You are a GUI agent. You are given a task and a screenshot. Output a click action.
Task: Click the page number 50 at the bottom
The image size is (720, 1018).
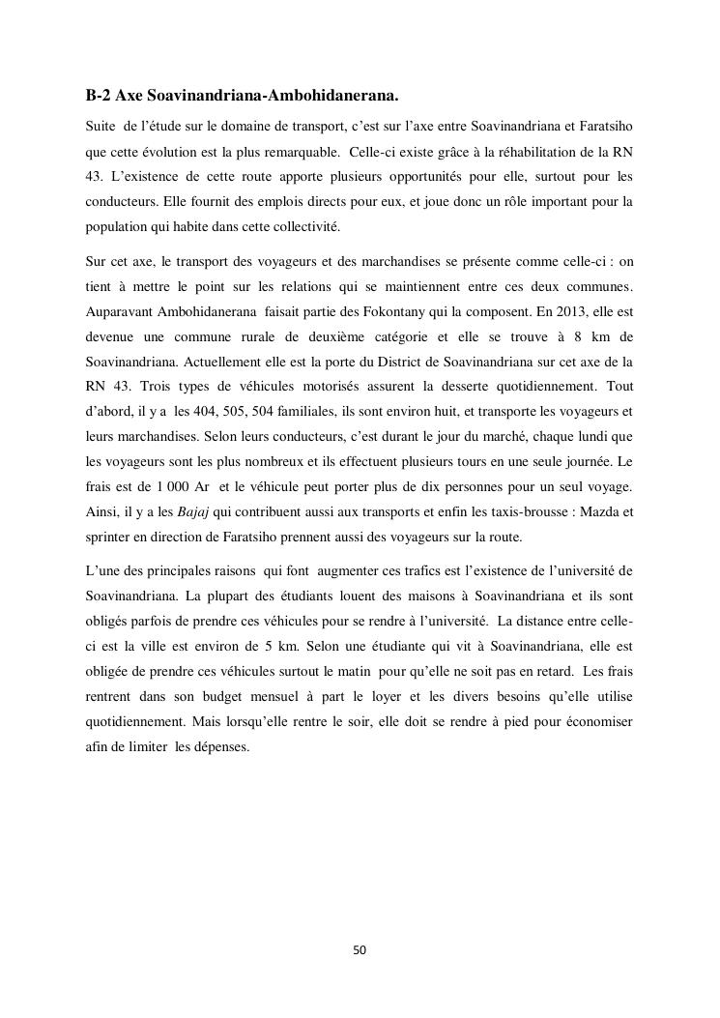coord(360,950)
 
